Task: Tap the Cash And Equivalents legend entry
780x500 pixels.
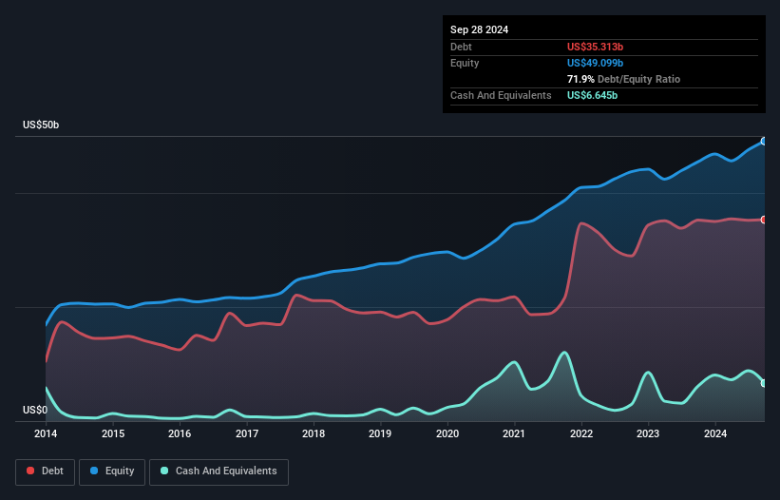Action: coord(218,471)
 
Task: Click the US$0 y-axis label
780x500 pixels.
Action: coord(35,410)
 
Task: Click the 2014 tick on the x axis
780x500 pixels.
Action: coord(46,433)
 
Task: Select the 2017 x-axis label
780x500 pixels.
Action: coord(247,433)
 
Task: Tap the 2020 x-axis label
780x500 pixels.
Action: coord(447,433)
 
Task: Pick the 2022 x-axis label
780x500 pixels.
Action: coord(581,433)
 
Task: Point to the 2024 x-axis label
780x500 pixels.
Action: coord(715,433)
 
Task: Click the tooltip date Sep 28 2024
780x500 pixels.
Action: coord(480,29)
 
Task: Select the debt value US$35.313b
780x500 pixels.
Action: coord(595,47)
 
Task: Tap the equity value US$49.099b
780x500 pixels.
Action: coord(595,63)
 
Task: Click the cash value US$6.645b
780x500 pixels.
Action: coord(592,95)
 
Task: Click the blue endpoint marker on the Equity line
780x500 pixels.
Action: coord(764,141)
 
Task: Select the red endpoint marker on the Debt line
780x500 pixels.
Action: coord(764,220)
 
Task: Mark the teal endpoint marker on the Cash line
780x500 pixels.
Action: coord(764,383)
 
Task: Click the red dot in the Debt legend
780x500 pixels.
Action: coord(30,471)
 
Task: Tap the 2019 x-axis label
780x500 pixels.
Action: coord(381,433)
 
